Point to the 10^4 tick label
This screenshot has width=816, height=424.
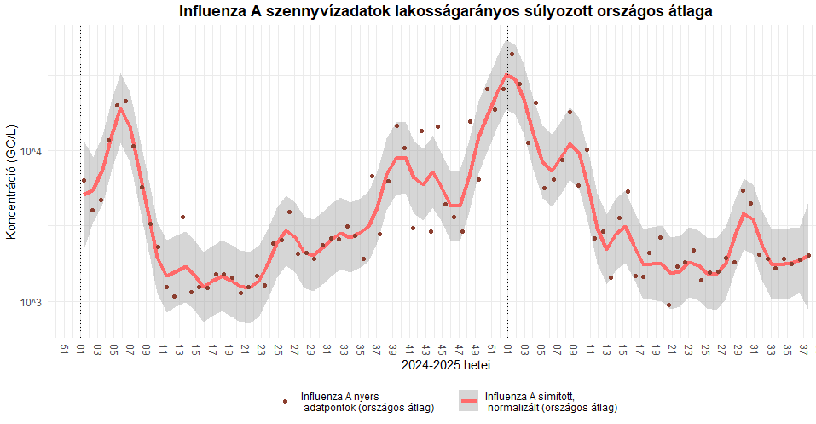[31, 152]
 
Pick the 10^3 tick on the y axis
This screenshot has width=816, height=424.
[31, 302]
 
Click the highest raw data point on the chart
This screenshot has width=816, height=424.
[512, 54]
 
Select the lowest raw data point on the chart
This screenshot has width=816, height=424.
[668, 305]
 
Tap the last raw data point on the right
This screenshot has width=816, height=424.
[808, 255]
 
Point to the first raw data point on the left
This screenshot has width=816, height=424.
[84, 180]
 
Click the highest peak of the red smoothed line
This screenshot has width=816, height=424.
[507, 75]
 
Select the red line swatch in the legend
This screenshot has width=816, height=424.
[469, 401]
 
